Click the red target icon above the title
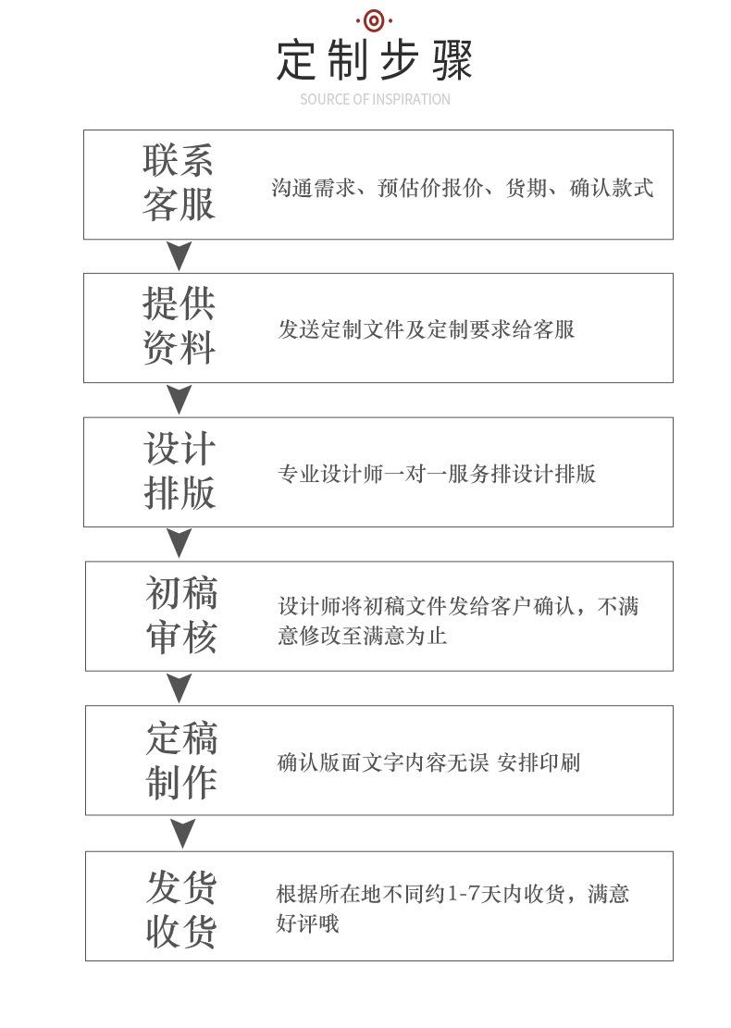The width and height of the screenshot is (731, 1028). click(374, 20)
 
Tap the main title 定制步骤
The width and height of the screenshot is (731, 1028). click(375, 60)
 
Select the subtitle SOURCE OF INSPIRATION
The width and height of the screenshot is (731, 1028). click(375, 99)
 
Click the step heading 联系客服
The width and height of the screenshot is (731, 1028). click(179, 182)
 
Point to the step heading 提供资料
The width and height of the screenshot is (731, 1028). click(179, 326)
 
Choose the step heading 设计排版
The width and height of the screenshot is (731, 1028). click(180, 471)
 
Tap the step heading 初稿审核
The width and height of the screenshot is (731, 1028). click(181, 614)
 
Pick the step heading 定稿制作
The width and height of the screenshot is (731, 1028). click(181, 760)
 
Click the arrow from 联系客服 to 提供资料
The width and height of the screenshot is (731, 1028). click(179, 254)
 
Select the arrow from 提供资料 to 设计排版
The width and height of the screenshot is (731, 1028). click(179, 399)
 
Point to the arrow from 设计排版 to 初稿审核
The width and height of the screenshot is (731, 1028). click(179, 543)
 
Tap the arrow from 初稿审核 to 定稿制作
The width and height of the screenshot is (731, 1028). click(179, 687)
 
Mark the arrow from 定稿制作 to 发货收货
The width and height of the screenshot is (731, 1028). click(182, 833)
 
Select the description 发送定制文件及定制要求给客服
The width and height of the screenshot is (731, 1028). click(427, 329)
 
